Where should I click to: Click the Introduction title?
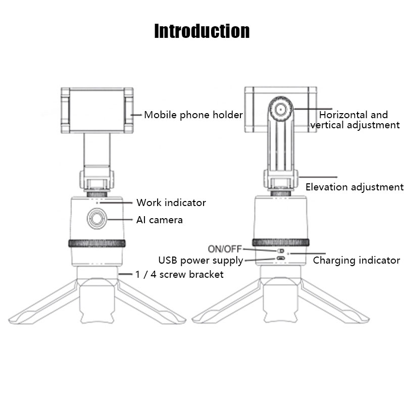tap(201, 31)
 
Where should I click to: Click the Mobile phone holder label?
tap(193, 115)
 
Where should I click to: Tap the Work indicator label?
tap(171, 203)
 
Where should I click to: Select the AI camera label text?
tap(159, 220)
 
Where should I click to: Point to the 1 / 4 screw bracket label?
tap(179, 274)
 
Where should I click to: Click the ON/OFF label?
tap(225, 248)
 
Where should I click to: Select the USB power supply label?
tap(200, 261)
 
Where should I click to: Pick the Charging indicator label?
tap(357, 261)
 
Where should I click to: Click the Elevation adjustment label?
tap(355, 187)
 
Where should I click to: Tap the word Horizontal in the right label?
tap(343, 115)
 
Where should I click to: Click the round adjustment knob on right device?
tap(279, 108)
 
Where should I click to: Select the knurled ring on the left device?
tap(96, 243)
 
